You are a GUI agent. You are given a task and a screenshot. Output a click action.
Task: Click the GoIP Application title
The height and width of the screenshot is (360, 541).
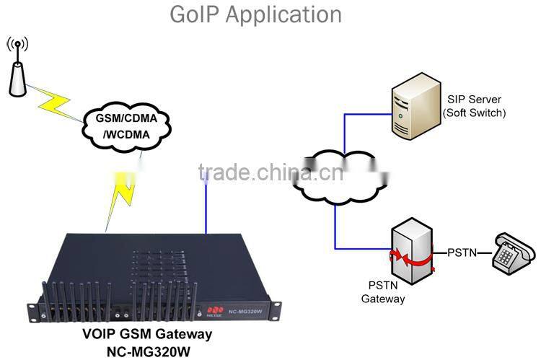pos(255,14)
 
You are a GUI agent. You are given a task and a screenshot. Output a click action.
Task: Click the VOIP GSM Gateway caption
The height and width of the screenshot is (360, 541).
pos(146,333)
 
